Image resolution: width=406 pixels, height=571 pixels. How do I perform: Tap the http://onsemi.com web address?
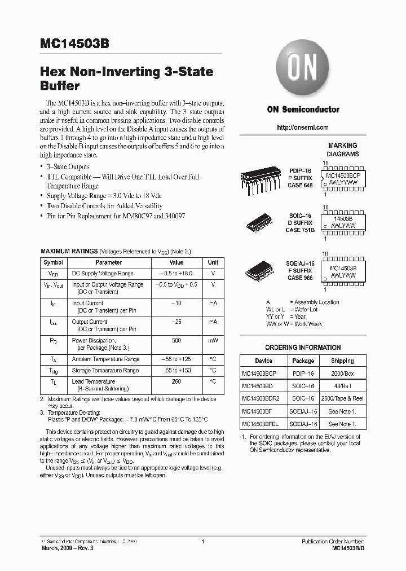click(303, 128)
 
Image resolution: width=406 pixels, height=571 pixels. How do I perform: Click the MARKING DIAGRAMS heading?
click(343, 150)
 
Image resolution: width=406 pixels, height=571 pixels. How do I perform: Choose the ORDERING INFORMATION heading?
click(303, 348)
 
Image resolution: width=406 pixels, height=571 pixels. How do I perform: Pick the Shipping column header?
click(342, 361)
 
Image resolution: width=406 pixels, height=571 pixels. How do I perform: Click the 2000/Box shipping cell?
click(342, 374)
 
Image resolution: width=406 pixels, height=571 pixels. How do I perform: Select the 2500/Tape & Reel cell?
click(342, 398)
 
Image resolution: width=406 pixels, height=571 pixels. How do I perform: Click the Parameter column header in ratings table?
click(108, 262)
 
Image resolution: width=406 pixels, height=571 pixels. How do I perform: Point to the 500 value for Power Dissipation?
click(176, 341)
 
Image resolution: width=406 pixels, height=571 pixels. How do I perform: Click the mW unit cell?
click(213, 341)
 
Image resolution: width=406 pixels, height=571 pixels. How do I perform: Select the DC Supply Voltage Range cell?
click(103, 274)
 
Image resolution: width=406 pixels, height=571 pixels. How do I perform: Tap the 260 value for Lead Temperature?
click(176, 381)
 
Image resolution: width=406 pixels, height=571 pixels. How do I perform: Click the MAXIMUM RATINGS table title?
click(69, 250)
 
